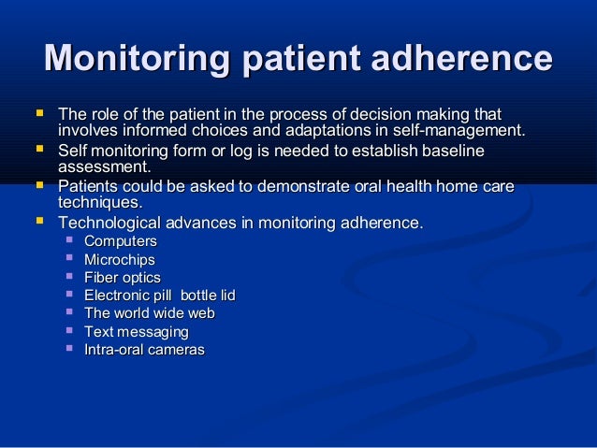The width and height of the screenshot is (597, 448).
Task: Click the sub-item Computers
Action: pyautogui.click(x=120, y=241)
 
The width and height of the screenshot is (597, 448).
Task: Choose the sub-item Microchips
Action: pyautogui.click(x=119, y=260)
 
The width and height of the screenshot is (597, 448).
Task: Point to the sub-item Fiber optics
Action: pyautogui.click(x=122, y=278)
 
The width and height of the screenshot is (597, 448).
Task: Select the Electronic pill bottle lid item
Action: pyautogui.click(x=159, y=296)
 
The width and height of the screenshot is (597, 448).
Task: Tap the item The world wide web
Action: pyautogui.click(x=149, y=313)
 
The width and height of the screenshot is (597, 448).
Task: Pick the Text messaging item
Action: pyautogui.click(x=136, y=332)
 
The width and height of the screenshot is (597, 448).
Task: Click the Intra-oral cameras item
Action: pyautogui.click(x=144, y=350)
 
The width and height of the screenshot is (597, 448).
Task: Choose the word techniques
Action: pyautogui.click(x=99, y=203)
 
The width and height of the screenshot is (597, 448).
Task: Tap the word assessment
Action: pyautogui.click(x=103, y=167)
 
